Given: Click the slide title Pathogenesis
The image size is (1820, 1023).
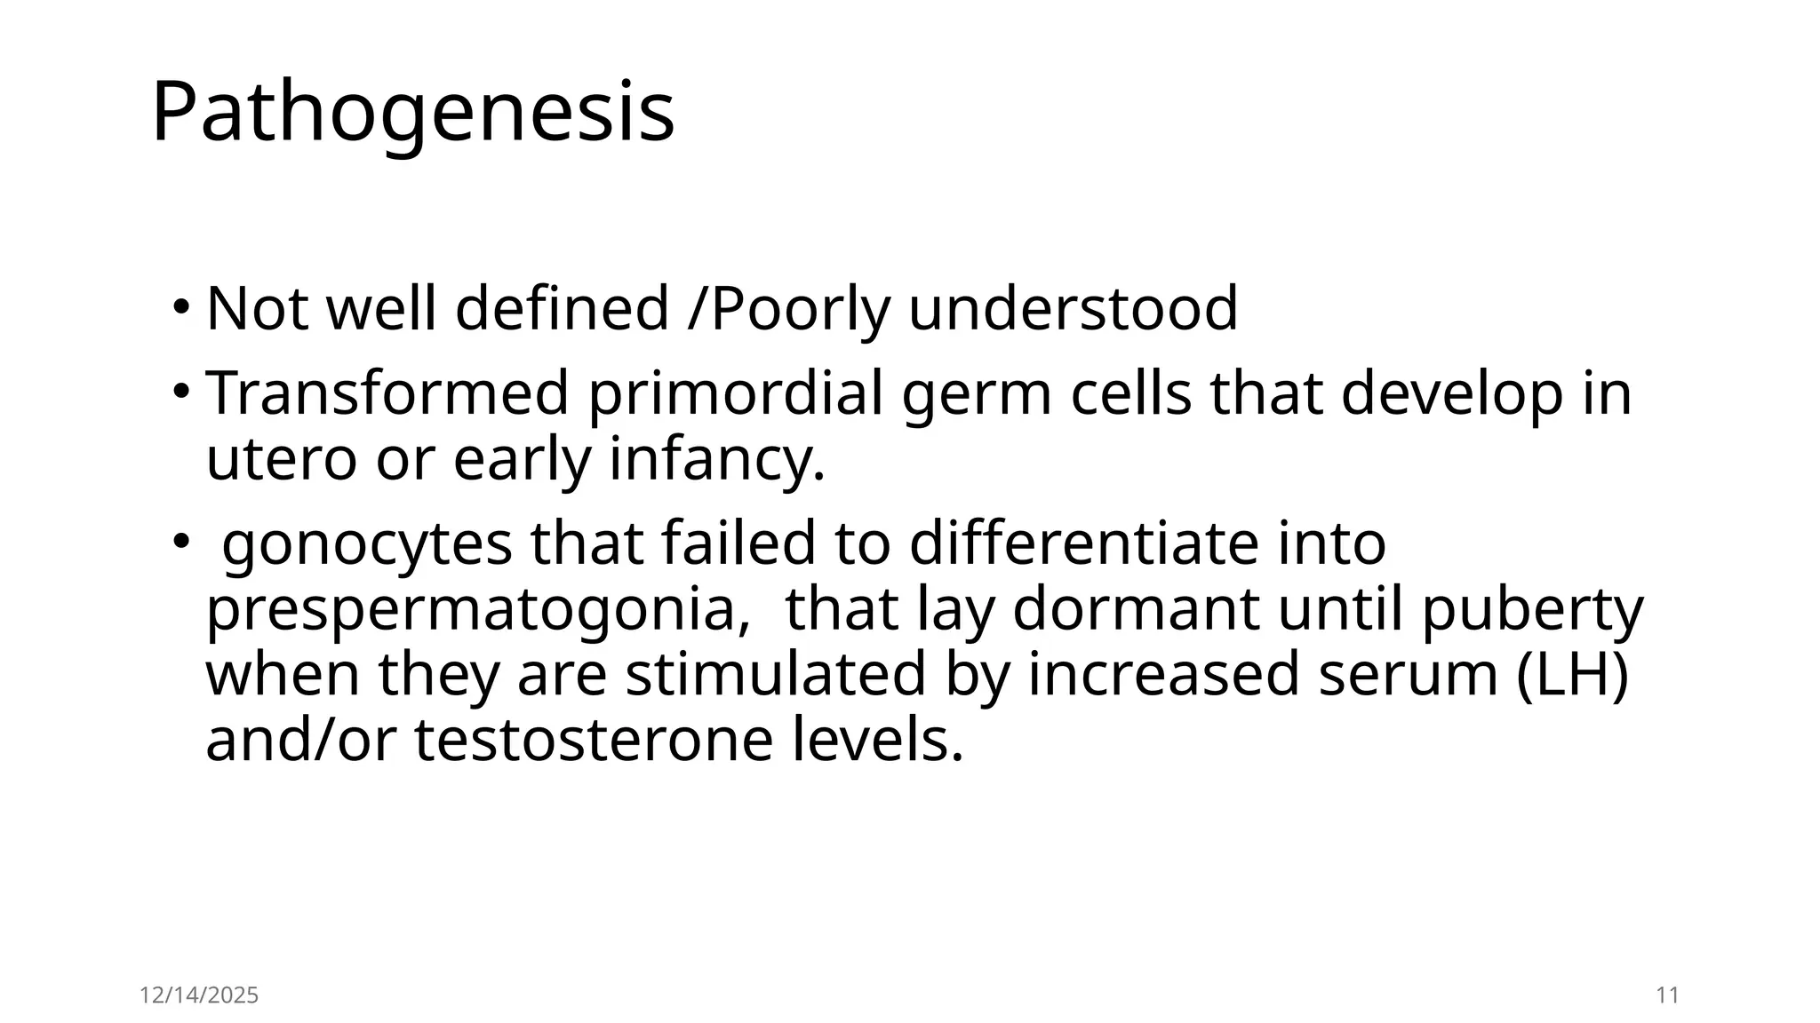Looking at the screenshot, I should (x=413, y=113).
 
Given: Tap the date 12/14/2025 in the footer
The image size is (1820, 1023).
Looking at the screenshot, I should (x=199, y=995).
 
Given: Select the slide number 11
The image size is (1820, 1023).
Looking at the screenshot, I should (x=1668, y=995).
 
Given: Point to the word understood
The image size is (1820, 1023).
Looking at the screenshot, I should (x=1073, y=309).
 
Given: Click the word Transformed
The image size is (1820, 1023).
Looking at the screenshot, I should (x=387, y=393).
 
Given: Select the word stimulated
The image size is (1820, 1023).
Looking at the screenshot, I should (x=776, y=674).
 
